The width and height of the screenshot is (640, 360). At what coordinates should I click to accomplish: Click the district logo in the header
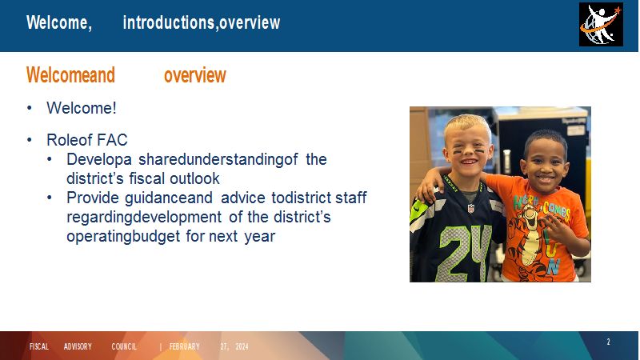(601, 25)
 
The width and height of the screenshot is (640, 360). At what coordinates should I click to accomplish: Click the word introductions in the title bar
(169, 22)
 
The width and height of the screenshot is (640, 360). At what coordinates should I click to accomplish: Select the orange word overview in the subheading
(195, 75)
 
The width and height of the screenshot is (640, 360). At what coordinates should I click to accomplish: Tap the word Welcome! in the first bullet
(82, 108)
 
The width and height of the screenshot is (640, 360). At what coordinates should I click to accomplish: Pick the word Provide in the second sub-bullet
(93, 198)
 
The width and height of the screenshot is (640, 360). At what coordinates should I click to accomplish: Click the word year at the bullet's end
(260, 237)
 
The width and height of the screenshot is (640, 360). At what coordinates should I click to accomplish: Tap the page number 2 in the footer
(608, 342)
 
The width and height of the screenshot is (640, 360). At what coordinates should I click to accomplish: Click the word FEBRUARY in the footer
(185, 346)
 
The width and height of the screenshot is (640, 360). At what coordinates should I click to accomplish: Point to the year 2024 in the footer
(242, 346)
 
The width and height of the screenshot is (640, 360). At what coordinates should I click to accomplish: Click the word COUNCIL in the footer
(124, 346)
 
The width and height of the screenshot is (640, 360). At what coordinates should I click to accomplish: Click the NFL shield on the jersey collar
(471, 209)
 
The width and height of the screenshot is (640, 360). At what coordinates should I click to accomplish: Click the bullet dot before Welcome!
(30, 108)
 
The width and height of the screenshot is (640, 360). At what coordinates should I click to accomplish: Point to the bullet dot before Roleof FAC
(30, 140)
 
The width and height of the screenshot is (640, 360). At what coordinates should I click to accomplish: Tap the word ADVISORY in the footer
(78, 346)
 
